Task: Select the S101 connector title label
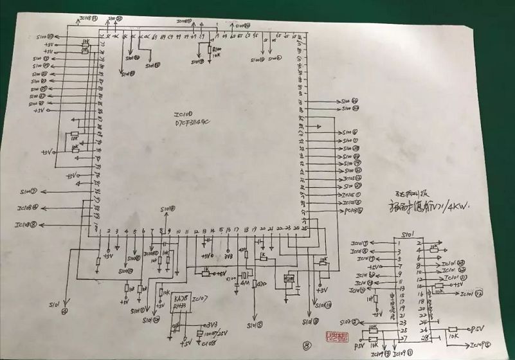click(408, 235)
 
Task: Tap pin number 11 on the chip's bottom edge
click(186, 230)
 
